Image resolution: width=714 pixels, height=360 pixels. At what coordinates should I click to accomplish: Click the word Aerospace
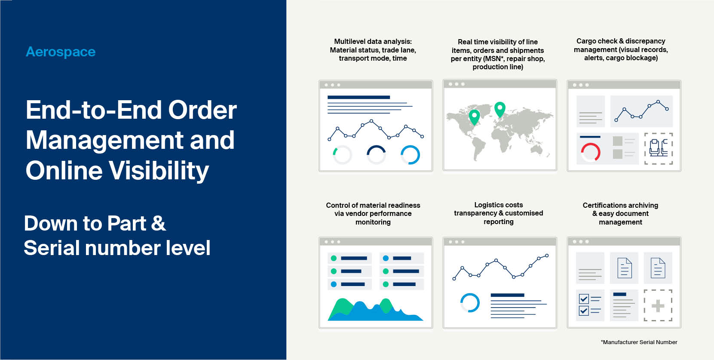[x=61, y=52]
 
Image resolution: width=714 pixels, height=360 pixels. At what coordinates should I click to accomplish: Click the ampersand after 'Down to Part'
[x=158, y=224]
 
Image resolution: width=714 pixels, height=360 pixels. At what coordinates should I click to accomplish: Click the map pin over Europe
[x=499, y=108]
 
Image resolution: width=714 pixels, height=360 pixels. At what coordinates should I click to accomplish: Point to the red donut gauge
[x=591, y=152]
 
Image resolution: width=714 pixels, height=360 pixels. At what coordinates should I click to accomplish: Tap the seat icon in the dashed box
[x=659, y=148]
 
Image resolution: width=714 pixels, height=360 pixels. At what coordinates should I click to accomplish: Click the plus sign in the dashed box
[x=658, y=306]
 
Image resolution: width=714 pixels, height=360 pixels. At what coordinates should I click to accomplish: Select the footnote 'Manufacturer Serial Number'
[x=640, y=342]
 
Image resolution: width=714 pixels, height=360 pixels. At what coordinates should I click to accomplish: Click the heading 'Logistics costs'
[x=499, y=205]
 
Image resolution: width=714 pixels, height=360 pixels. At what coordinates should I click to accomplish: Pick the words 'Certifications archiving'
[x=620, y=205]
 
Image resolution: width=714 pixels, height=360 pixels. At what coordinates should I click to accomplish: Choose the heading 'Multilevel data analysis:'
[x=373, y=41]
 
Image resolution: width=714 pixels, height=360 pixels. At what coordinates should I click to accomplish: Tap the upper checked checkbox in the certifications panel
[x=584, y=298]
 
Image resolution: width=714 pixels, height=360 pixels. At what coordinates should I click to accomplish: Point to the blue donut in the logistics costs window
[x=470, y=303]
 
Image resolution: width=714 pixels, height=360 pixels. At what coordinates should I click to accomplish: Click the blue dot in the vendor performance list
[x=334, y=284]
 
